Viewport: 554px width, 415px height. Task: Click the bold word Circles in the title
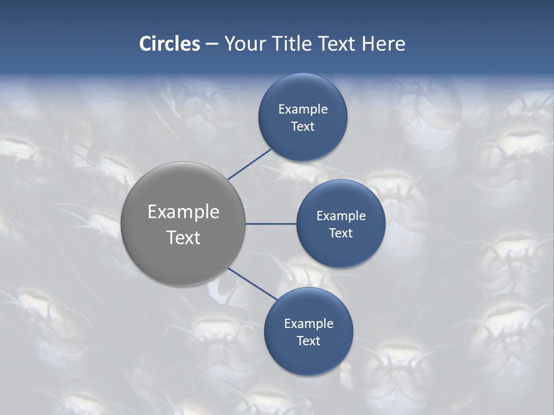point(169,44)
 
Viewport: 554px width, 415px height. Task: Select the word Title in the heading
point(296,44)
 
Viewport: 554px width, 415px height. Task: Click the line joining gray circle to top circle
point(250,164)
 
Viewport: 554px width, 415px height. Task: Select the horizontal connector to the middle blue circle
point(271,224)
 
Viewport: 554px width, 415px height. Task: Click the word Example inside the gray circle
point(184,212)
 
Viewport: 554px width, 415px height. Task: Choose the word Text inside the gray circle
point(184,237)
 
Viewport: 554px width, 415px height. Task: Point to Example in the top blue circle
point(303,110)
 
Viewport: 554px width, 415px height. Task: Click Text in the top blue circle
point(303,127)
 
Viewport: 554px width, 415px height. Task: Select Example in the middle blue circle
point(341,216)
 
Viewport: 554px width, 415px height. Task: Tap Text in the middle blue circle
point(341,233)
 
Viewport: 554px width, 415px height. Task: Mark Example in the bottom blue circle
point(309,324)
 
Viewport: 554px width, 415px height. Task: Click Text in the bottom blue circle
point(309,341)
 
